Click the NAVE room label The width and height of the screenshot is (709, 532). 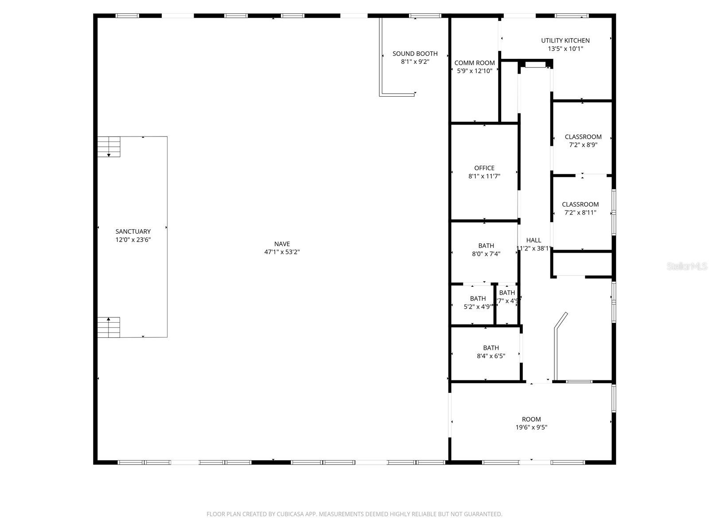tap(282, 244)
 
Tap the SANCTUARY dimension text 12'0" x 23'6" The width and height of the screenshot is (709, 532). tap(133, 240)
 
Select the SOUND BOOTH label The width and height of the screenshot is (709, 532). tap(415, 54)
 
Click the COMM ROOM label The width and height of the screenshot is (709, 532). tap(475, 63)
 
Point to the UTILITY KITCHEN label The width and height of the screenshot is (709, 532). tap(565, 40)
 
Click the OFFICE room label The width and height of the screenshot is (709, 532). tap(484, 168)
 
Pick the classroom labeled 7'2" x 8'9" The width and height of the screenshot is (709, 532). tap(583, 141)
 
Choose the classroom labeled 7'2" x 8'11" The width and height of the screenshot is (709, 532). tap(580, 208)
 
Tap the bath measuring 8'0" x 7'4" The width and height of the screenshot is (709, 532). tap(486, 250)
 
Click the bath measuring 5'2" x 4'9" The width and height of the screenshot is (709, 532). tap(478, 302)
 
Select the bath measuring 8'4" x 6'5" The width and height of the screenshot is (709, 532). tap(491, 352)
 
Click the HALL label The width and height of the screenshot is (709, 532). tap(534, 240)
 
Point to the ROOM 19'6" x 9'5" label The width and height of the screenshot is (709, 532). tap(531, 419)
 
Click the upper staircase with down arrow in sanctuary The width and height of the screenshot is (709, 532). tap(109, 147)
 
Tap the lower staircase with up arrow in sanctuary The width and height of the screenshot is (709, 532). tap(109, 327)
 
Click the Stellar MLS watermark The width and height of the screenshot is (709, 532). tap(687, 266)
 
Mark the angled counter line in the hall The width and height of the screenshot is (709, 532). tap(561, 321)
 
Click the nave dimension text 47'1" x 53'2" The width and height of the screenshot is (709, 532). tap(282, 252)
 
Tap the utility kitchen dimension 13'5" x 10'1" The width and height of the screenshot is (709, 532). tap(565, 49)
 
